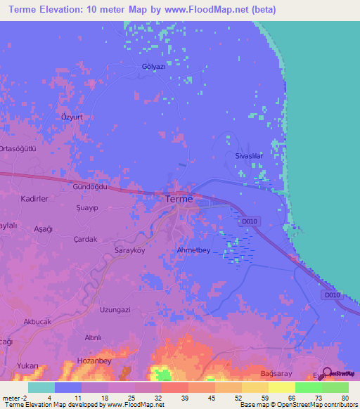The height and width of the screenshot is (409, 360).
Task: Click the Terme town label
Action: coord(178,200)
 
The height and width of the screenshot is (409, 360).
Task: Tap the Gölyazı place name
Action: coord(153,67)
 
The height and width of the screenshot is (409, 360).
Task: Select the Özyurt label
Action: coord(73,116)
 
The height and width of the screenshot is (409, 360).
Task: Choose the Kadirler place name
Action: coord(34,200)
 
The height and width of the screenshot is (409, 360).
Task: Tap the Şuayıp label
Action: coord(86,209)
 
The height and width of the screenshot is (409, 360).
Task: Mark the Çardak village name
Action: coord(85,238)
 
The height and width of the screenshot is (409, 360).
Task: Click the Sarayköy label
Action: coord(129,250)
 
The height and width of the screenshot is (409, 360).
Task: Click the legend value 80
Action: coord(345,398)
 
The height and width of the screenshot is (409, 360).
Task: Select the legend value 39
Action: coord(185,398)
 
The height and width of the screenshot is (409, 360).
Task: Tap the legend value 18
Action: coord(105,398)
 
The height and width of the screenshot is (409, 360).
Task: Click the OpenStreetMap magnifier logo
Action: coord(327,373)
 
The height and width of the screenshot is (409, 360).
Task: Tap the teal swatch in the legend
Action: coord(41,387)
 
